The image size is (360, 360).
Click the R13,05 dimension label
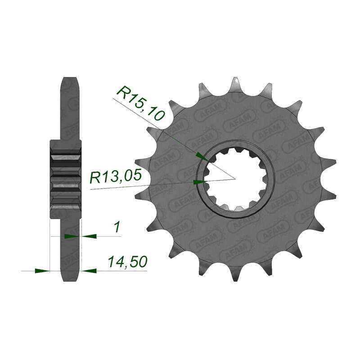pyautogui.click(x=115, y=177)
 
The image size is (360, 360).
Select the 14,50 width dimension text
pyautogui.click(x=127, y=262)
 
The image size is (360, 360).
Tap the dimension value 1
pyautogui.click(x=117, y=227)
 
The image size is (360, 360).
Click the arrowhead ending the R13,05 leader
pyautogui.click(x=199, y=182)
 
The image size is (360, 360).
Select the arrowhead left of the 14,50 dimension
pyautogui.click(x=42, y=271)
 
